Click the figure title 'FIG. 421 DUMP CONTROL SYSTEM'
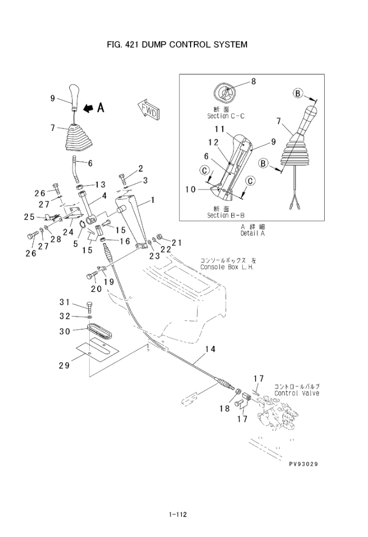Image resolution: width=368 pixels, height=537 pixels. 177,44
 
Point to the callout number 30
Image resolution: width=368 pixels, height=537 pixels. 64,332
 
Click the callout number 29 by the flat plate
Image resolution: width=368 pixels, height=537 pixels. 64,365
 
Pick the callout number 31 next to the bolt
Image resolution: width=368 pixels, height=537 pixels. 64,302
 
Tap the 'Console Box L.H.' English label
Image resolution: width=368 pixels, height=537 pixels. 227,267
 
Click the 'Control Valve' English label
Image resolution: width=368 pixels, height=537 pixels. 296,393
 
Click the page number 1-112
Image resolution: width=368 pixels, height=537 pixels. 178,514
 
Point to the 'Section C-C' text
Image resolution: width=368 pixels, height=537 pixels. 225,116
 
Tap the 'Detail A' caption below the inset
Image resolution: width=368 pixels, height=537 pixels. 252,233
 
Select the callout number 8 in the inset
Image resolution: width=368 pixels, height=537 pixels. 253,81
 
